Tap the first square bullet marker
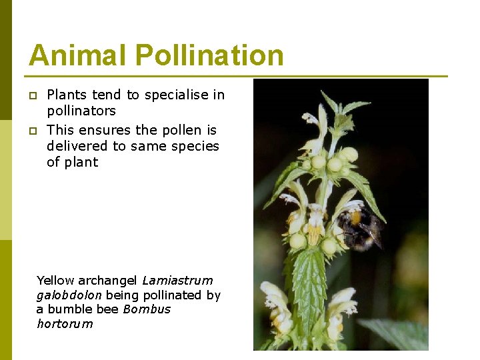tap(31, 95)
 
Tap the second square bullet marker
tap(31, 130)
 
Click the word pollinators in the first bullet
tap(81, 111)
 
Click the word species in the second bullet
tap(194, 146)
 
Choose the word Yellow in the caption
tap(56, 281)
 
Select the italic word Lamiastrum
tap(177, 281)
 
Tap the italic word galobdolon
tap(69, 295)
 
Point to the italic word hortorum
tap(65, 324)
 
